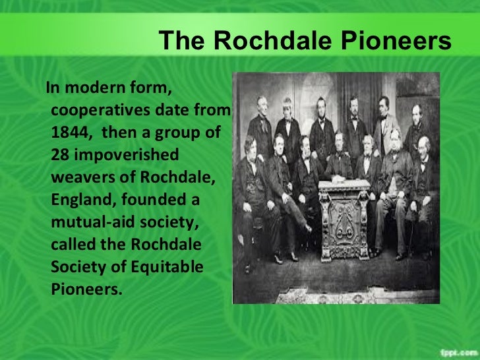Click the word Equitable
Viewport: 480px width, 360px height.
pos(167,268)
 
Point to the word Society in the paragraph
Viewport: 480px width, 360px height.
pos(78,268)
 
